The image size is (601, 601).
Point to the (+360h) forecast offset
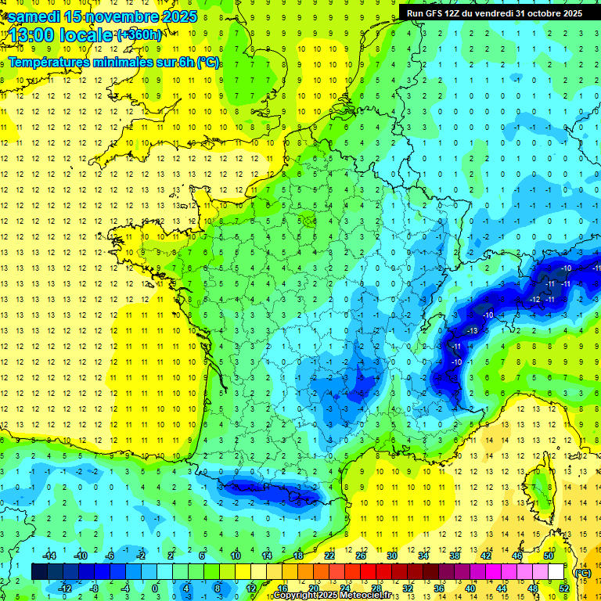pyautogui.click(x=139, y=35)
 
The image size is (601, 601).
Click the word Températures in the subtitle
pyautogui.click(x=53, y=62)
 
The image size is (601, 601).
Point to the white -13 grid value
pyautogui.click(x=471, y=332)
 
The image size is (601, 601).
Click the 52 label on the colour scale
pyautogui.click(x=563, y=588)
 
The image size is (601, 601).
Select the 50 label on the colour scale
pyautogui.click(x=549, y=556)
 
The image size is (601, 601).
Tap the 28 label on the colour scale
pyautogui.click(x=376, y=588)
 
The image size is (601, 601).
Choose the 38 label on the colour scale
pyautogui.click(x=455, y=556)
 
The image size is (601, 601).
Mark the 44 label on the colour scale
pyautogui.click(x=501, y=588)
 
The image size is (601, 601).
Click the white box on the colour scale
pyautogui.click(x=556, y=572)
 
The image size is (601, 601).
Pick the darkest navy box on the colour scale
pyautogui.click(x=39, y=572)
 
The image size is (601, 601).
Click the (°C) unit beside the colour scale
pyautogui.click(x=582, y=572)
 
